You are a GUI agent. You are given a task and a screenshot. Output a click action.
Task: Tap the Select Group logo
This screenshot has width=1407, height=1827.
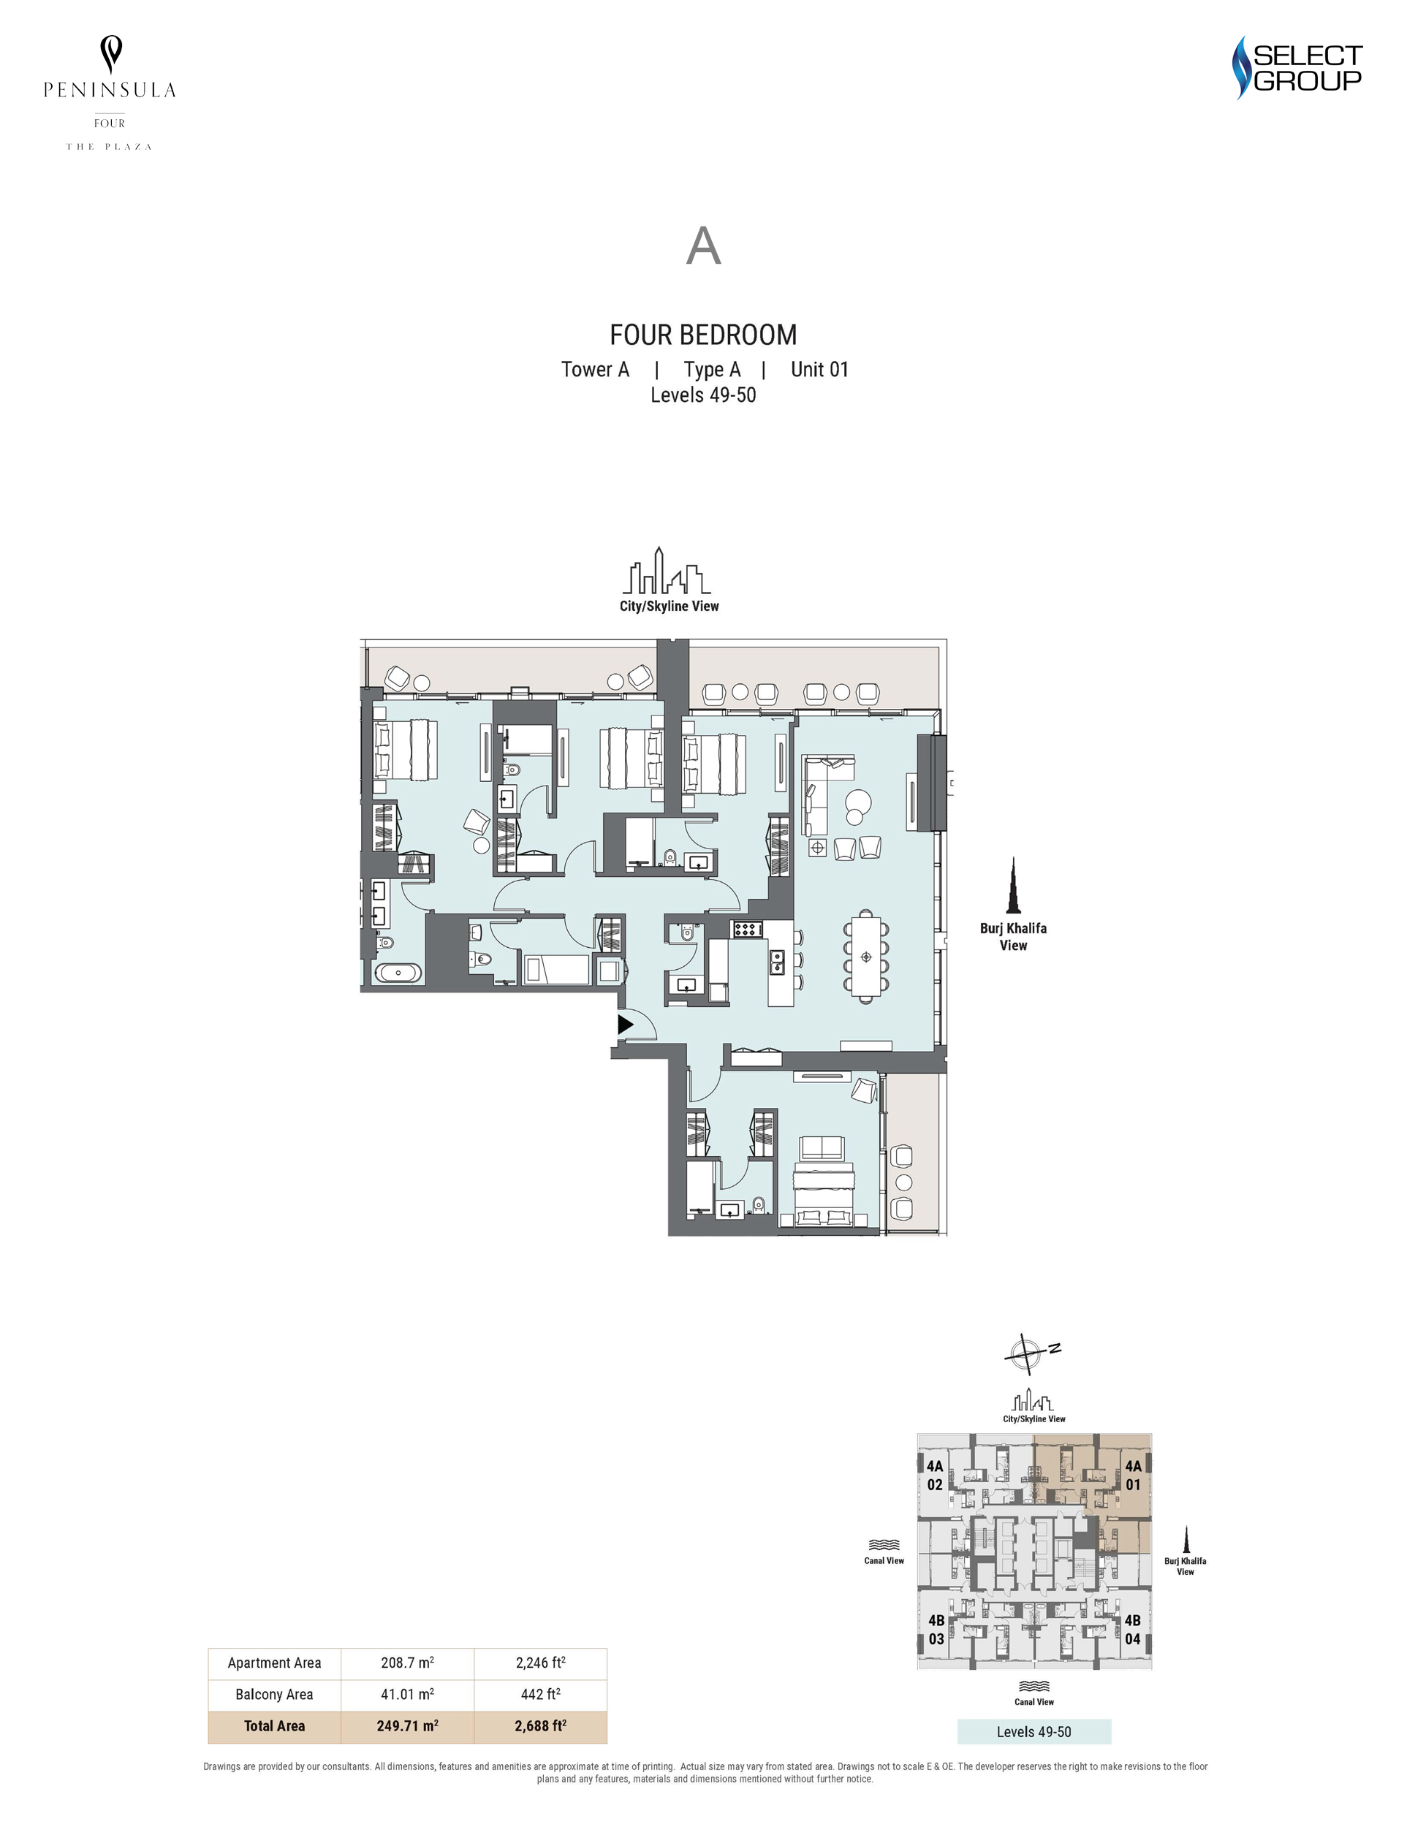coord(1297,68)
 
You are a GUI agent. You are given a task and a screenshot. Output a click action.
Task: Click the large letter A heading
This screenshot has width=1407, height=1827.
coord(703,246)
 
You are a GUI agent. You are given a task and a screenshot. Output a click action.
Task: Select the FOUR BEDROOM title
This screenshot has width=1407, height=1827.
coord(702,335)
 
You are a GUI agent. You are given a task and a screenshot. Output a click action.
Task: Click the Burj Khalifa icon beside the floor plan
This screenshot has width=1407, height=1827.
coord(1014,885)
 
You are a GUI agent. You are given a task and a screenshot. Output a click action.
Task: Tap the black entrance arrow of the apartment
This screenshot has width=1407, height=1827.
coord(626,1024)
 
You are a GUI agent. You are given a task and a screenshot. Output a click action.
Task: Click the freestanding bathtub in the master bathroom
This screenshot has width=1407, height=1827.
coord(398,972)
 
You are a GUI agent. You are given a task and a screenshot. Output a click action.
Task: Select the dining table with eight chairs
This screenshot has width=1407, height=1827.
coord(866,955)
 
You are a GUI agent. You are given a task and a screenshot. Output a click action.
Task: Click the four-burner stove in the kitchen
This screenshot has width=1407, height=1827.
coord(746,929)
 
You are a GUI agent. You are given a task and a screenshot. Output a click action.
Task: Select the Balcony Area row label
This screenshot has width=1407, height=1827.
coord(274,1694)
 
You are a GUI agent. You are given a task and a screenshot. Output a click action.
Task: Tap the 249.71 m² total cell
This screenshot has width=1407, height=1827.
coord(407,1725)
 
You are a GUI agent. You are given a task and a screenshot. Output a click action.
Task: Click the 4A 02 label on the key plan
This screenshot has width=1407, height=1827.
coord(934,1475)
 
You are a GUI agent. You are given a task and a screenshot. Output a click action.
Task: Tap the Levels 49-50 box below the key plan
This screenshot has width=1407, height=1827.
coord(1034,1732)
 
